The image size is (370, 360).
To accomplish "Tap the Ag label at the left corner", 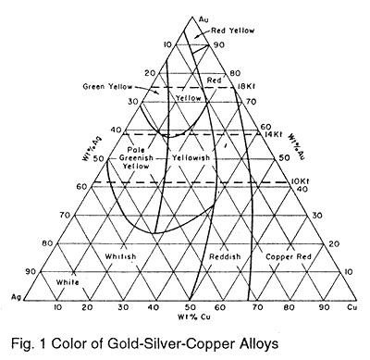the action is (x=17, y=296).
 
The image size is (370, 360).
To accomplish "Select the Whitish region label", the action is (x=120, y=255).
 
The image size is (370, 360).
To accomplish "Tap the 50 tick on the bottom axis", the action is (x=189, y=304).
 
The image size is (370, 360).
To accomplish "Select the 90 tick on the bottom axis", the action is (x=325, y=304).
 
